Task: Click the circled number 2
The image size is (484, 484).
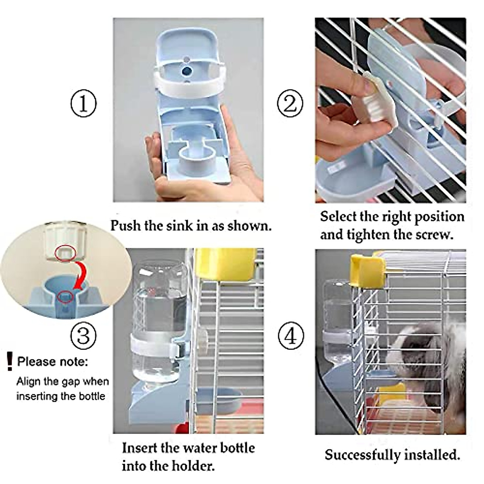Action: click(x=290, y=104)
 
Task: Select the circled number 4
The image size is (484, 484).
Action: click(x=291, y=336)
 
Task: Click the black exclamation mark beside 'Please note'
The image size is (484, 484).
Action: click(x=10, y=361)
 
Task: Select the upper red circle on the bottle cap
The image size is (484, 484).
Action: click(x=66, y=254)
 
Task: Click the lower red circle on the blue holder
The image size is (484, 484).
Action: click(x=66, y=296)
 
